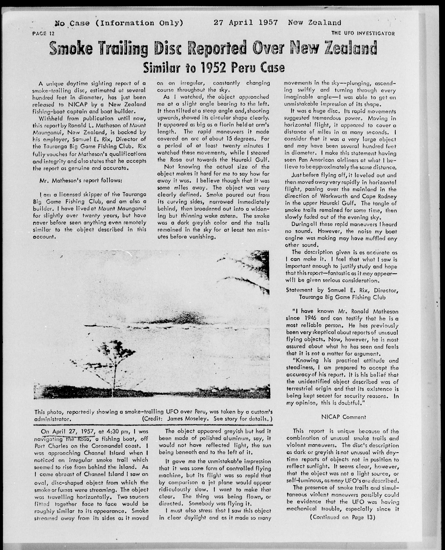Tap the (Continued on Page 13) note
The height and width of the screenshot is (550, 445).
343,517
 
